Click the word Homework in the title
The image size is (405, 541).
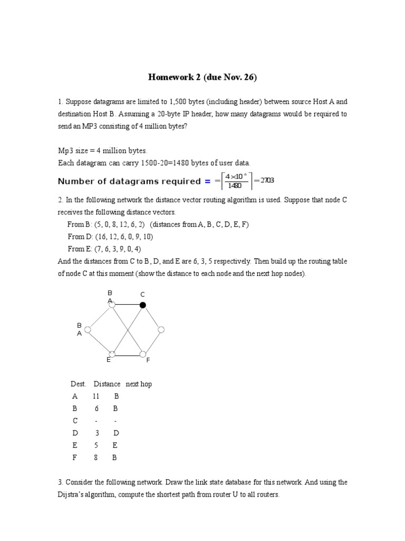(169, 78)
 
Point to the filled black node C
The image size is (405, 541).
(142, 305)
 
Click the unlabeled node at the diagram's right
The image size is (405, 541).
(161, 330)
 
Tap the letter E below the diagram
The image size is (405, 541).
(108, 360)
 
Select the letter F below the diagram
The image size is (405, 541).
(148, 360)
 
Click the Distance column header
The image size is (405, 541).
(107, 384)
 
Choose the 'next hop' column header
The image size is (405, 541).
(139, 384)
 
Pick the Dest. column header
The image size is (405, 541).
(79, 384)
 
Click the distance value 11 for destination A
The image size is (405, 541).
(95, 396)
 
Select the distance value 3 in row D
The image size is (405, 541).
(97, 433)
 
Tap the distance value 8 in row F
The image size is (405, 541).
(96, 458)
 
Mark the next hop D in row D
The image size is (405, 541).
(116, 433)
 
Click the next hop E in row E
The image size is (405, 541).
(115, 445)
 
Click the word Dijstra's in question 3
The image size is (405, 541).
(74, 495)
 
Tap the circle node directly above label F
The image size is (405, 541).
(143, 353)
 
